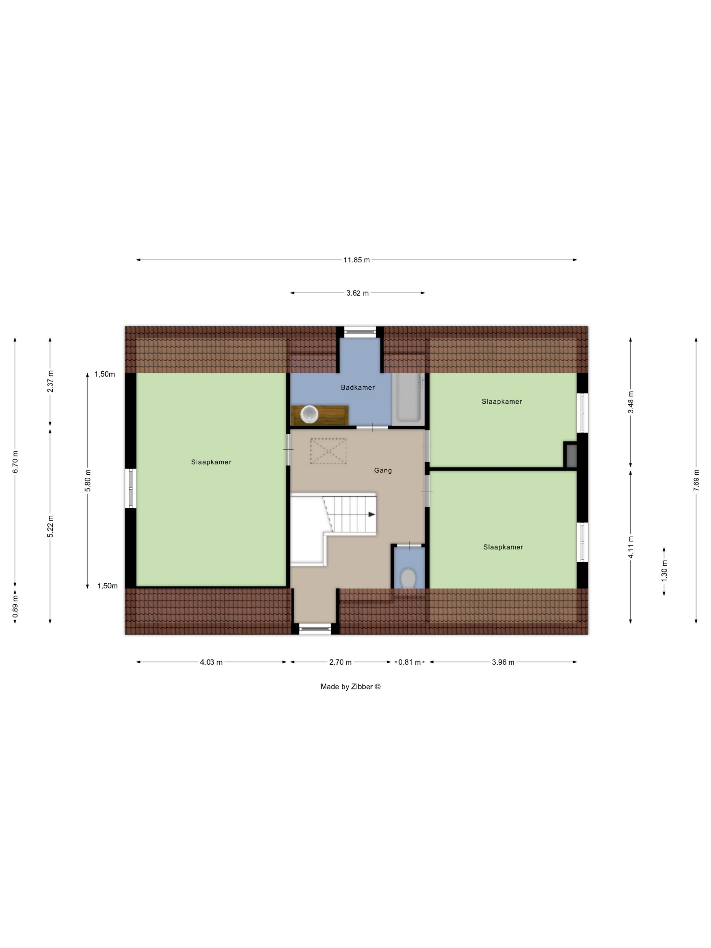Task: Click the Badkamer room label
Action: click(358, 387)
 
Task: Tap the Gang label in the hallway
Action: click(383, 470)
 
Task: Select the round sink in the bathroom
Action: click(309, 414)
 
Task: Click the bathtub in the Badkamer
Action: click(408, 399)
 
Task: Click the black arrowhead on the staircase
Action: click(371, 514)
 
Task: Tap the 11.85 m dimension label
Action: click(357, 260)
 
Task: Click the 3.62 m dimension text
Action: click(358, 293)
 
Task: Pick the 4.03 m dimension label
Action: click(211, 662)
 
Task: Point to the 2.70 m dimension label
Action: click(340, 662)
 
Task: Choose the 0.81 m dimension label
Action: click(410, 662)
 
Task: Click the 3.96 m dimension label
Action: click(503, 662)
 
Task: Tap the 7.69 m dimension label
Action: click(696, 480)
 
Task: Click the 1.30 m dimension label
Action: click(664, 571)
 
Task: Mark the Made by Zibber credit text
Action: click(350, 687)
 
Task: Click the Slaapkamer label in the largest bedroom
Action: click(211, 462)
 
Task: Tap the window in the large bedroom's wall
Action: click(131, 489)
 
